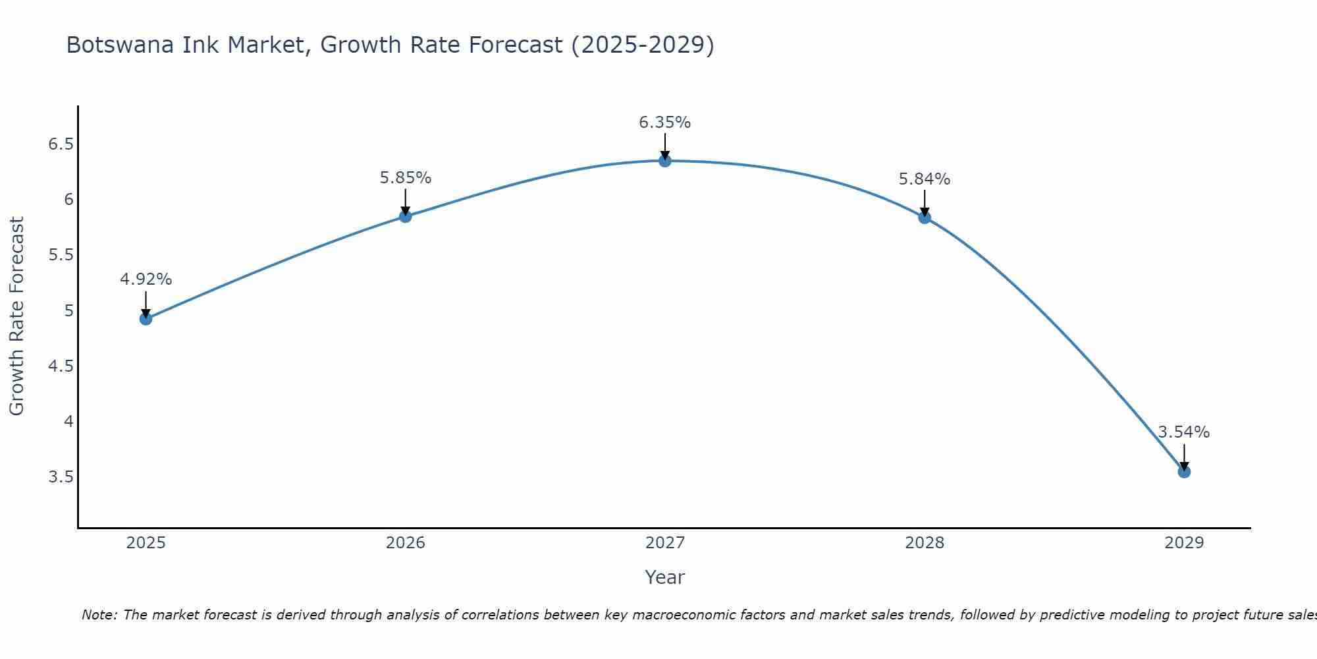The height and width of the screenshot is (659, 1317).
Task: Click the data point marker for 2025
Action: [x=146, y=319]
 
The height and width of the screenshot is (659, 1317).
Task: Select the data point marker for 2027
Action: [x=665, y=160]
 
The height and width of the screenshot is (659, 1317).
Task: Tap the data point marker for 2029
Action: [x=1184, y=472]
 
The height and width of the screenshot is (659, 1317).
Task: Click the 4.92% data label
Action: [x=146, y=279]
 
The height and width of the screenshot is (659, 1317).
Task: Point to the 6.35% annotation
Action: [x=665, y=123]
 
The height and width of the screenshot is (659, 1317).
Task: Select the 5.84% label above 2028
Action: [x=925, y=179]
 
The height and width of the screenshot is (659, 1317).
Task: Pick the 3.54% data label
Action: [x=1184, y=432]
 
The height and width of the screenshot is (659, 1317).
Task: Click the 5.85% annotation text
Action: [x=406, y=178]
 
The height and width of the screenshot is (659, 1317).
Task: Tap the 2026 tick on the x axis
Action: [x=406, y=543]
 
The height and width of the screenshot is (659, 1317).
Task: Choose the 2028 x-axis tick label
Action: [x=925, y=543]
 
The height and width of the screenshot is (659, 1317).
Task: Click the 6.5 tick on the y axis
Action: [x=61, y=144]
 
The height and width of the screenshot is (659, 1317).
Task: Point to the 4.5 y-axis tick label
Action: [x=61, y=366]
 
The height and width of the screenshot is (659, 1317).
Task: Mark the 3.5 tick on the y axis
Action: [x=61, y=476]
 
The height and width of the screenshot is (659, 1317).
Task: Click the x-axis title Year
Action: [x=665, y=577]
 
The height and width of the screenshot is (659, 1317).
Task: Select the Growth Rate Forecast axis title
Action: [x=16, y=316]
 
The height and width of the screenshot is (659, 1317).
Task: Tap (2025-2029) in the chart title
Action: [x=643, y=45]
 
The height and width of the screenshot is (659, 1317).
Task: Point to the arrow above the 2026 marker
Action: [x=406, y=202]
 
